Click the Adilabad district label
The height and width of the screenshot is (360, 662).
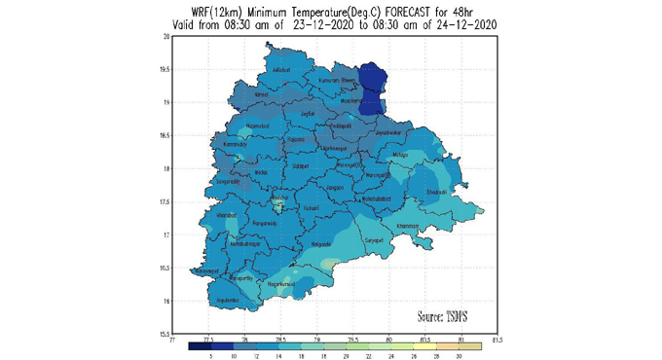point(281,70)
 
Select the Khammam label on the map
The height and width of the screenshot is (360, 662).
point(408,226)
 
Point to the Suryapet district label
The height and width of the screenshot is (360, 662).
point(374,239)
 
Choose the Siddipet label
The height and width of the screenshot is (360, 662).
point(301,166)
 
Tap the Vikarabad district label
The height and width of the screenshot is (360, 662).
point(227,214)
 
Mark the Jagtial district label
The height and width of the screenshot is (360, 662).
point(308,114)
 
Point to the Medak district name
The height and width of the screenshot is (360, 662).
point(261,172)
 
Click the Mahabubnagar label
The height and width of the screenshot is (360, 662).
point(247,243)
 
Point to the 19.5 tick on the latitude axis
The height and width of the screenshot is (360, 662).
point(165,70)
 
